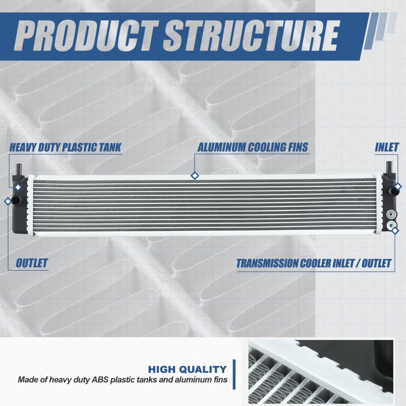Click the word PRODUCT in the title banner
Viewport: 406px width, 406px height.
(x=87, y=36)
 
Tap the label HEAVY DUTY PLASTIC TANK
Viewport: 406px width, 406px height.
(x=65, y=147)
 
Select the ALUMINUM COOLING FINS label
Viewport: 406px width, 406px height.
(x=253, y=147)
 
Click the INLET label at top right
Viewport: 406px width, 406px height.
(x=387, y=147)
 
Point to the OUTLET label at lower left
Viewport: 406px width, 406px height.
(x=32, y=263)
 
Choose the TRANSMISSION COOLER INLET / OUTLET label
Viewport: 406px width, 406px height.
(x=314, y=263)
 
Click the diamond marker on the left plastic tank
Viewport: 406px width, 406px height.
(x=18, y=187)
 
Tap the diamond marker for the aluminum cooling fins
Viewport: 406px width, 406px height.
(x=195, y=176)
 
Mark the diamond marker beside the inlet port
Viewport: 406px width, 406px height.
(x=398, y=186)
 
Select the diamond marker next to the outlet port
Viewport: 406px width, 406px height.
(x=8, y=201)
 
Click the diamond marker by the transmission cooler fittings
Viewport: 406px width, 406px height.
(x=395, y=231)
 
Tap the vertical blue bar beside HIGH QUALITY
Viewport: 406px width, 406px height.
(x=234, y=374)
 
